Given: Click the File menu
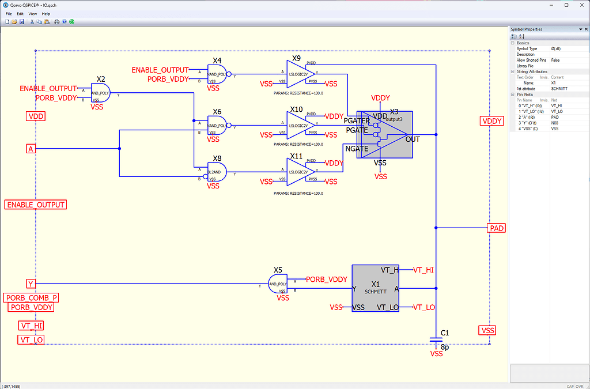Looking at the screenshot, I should click(x=9, y=13).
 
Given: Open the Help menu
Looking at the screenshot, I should click(x=46, y=13).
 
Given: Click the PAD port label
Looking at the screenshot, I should click(x=496, y=228).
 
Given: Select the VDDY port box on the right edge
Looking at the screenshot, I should click(x=492, y=121).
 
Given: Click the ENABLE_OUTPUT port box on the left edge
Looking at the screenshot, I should click(x=35, y=205).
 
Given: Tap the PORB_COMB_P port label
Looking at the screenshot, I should click(x=32, y=298).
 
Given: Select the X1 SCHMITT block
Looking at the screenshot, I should click(x=376, y=288).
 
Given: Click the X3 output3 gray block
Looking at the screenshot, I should click(x=385, y=134).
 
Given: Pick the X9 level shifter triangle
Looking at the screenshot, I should click(x=300, y=74).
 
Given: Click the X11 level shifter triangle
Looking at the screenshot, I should click(x=300, y=172).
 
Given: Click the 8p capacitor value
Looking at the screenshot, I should click(x=445, y=348).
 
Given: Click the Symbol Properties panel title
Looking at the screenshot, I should click(x=526, y=29).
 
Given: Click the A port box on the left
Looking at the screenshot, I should click(x=31, y=149).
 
